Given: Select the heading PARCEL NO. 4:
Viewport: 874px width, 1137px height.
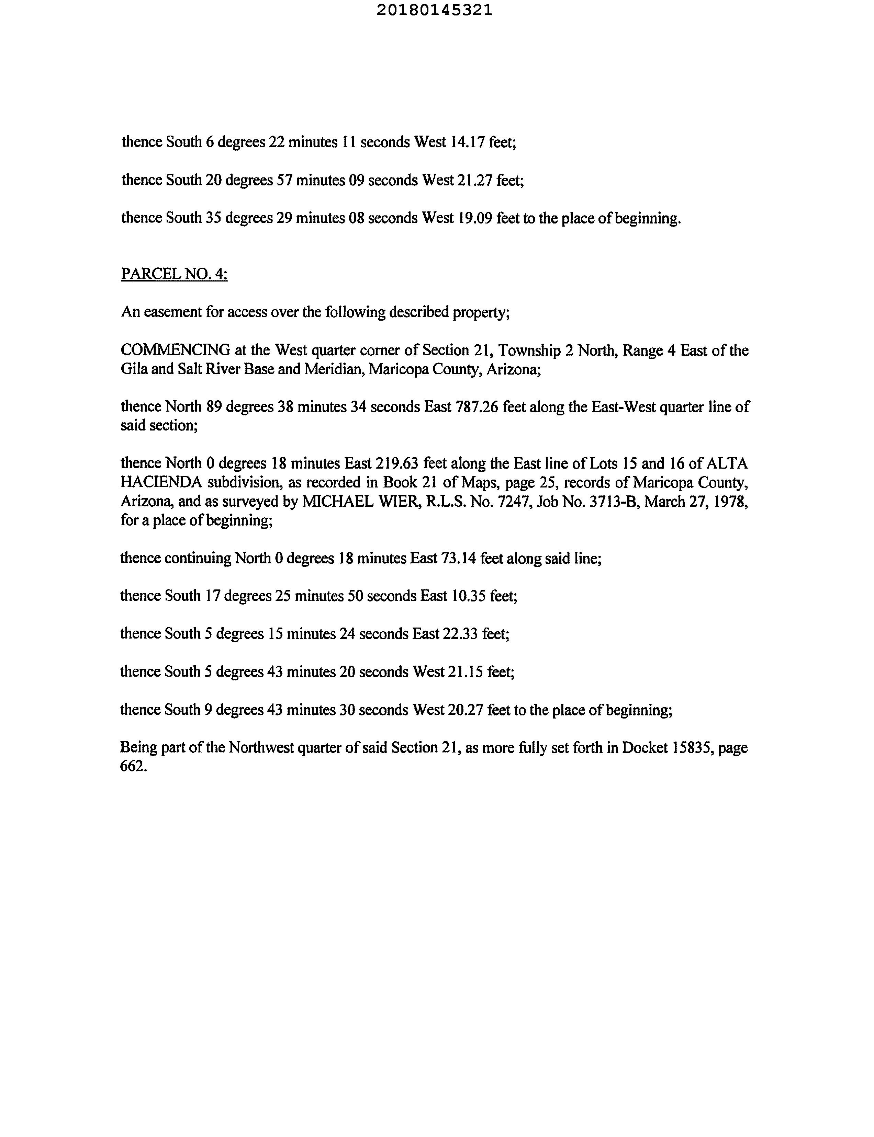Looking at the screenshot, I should [x=174, y=274].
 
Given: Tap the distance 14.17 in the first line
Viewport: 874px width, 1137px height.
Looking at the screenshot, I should [x=467, y=142].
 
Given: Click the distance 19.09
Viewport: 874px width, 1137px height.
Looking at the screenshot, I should [x=475, y=218].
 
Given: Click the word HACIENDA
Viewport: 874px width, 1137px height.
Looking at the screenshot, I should [x=161, y=482].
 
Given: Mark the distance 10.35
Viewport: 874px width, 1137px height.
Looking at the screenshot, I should [x=469, y=596].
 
